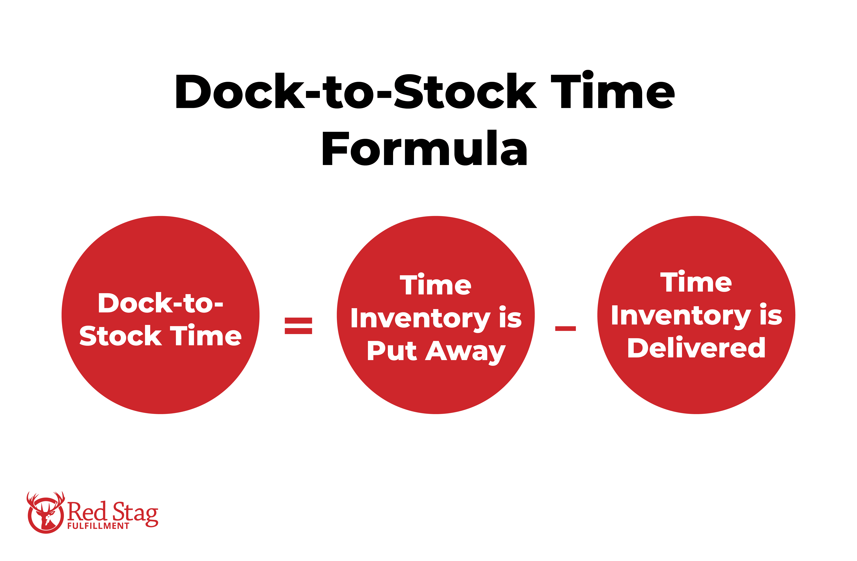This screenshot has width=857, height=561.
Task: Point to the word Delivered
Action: point(696,348)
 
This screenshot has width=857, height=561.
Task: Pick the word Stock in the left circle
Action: point(120,336)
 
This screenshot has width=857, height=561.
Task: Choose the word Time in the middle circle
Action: point(435,285)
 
